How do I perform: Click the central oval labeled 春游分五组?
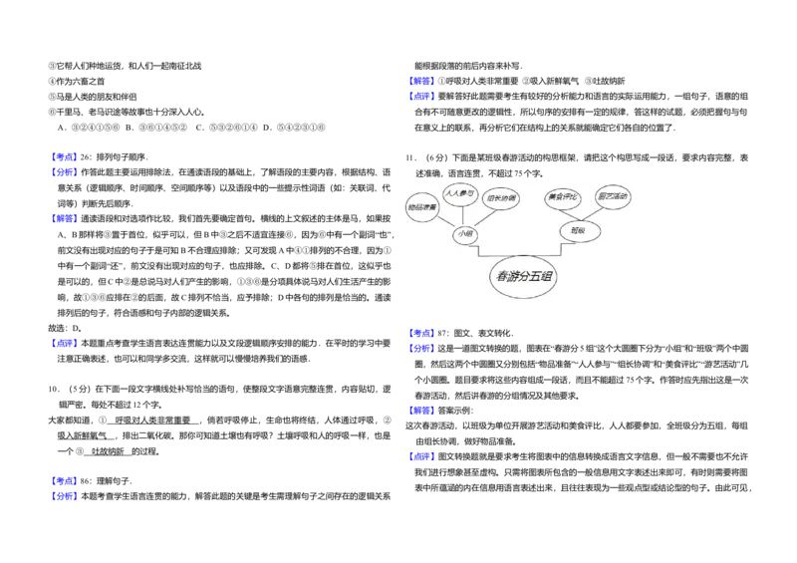point(524,277)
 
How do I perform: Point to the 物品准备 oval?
point(422,207)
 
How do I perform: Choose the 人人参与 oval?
point(460,193)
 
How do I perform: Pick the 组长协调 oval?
point(500,198)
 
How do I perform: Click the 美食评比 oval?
point(563,197)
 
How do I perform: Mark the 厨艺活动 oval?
point(613,196)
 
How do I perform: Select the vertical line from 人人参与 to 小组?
point(462,215)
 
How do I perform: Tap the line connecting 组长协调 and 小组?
point(484,216)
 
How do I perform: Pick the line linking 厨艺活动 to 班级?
point(599,213)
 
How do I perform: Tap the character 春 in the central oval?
point(502,277)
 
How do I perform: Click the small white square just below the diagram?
point(522,339)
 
